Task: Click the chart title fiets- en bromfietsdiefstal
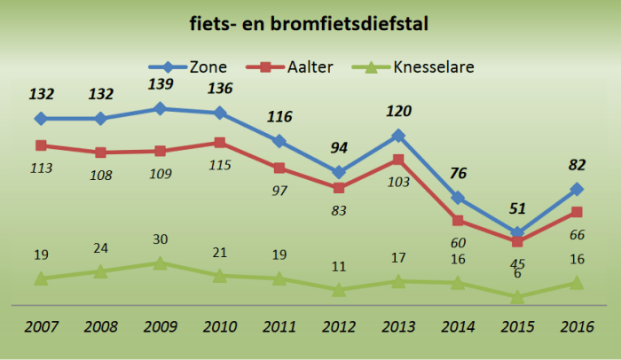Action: coord(310,24)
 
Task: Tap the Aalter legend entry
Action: coord(299,67)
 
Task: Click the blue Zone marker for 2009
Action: coord(160,108)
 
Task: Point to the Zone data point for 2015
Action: coord(517,233)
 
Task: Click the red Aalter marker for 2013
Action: coord(398,160)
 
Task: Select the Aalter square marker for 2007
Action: coord(41,145)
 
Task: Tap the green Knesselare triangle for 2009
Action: coord(160,263)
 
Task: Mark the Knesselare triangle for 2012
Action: coord(339,290)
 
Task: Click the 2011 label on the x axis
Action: coord(279,327)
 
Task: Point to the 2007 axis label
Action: coord(41,327)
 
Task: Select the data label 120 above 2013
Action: coord(399,113)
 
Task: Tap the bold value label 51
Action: coord(518,210)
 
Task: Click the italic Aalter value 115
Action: coord(221,165)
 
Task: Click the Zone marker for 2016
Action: coord(577,189)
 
